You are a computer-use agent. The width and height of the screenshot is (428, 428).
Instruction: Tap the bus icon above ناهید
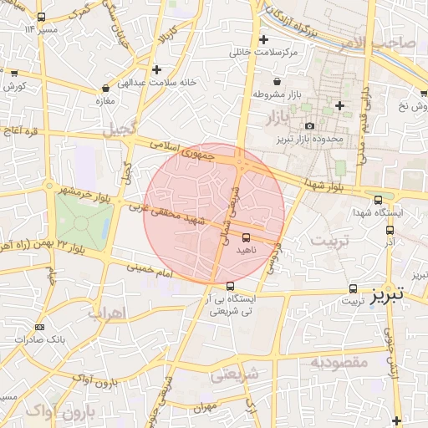click(x=245, y=237)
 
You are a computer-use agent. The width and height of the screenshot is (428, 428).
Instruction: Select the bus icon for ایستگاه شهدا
click(x=379, y=200)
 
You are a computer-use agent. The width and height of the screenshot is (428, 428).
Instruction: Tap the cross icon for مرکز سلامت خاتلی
click(x=263, y=39)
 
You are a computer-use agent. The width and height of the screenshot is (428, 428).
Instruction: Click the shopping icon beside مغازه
click(x=105, y=87)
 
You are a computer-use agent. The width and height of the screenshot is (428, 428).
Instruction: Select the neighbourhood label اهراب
click(x=105, y=313)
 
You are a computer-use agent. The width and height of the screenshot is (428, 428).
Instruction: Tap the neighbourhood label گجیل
click(x=118, y=130)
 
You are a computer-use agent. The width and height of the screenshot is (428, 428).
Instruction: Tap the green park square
click(x=84, y=222)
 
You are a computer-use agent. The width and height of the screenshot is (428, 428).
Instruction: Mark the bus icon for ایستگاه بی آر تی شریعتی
click(x=231, y=286)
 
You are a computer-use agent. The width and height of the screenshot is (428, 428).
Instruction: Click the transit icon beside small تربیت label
click(x=353, y=288)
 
